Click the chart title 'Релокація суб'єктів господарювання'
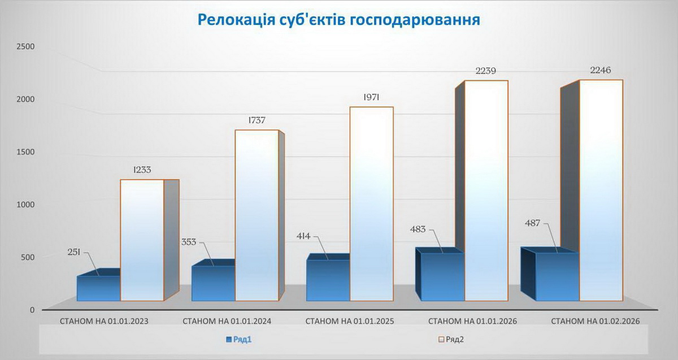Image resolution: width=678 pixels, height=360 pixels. tap(339, 20)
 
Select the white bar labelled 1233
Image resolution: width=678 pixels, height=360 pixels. tap(142, 240)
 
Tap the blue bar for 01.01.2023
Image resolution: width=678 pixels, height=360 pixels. tap(98, 288)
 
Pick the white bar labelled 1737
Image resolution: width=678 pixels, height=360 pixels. tap(257, 215)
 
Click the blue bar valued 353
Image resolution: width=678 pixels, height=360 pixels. tap(213, 283)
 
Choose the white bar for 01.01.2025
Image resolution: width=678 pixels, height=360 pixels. tap(371, 203)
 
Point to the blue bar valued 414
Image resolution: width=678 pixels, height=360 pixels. tap(328, 280)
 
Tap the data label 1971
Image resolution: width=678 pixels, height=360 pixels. tap(371, 97)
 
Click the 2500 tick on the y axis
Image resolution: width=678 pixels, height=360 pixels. tap(26, 46)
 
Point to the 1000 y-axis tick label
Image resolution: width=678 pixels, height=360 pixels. tap(26, 204)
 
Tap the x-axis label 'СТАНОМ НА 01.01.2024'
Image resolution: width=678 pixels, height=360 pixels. tap(227, 321)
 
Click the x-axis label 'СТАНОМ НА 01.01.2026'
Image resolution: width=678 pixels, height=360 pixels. tap(472, 321)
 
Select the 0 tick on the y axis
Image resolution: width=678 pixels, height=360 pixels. tap(32, 310)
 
